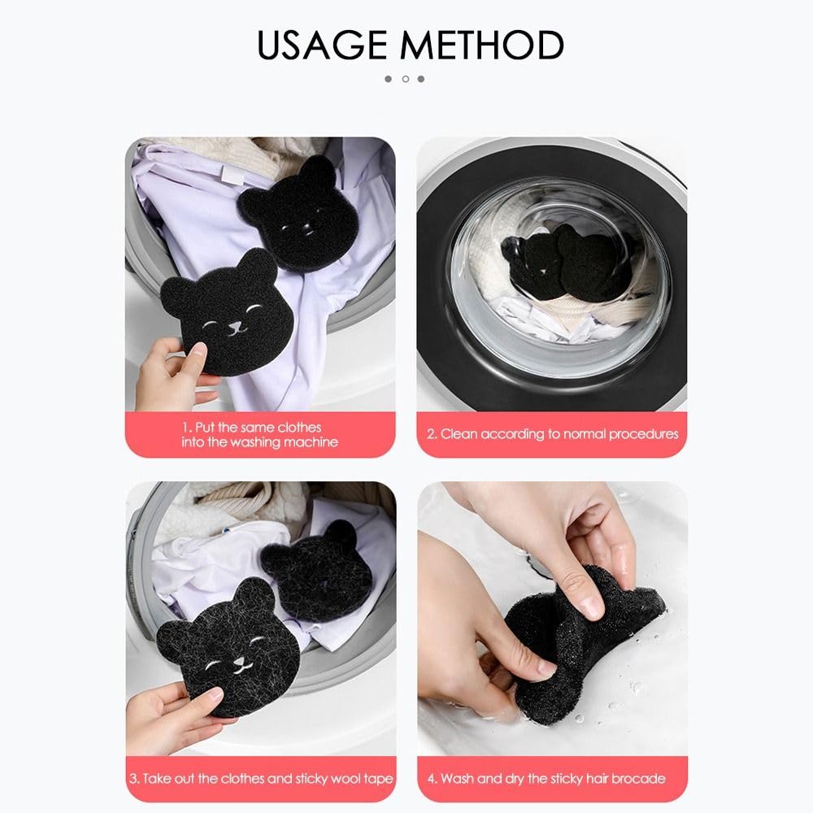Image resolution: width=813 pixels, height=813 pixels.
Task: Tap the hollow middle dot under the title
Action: (x=406, y=79)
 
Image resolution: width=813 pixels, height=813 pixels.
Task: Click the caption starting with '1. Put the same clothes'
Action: (x=259, y=435)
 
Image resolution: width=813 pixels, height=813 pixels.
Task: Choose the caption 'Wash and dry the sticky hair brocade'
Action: (x=553, y=778)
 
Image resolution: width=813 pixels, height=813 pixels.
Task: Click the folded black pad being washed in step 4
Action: (x=569, y=642)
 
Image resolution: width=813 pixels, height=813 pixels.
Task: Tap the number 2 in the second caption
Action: (x=433, y=434)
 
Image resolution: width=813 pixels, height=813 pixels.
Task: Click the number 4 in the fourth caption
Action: (x=433, y=778)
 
